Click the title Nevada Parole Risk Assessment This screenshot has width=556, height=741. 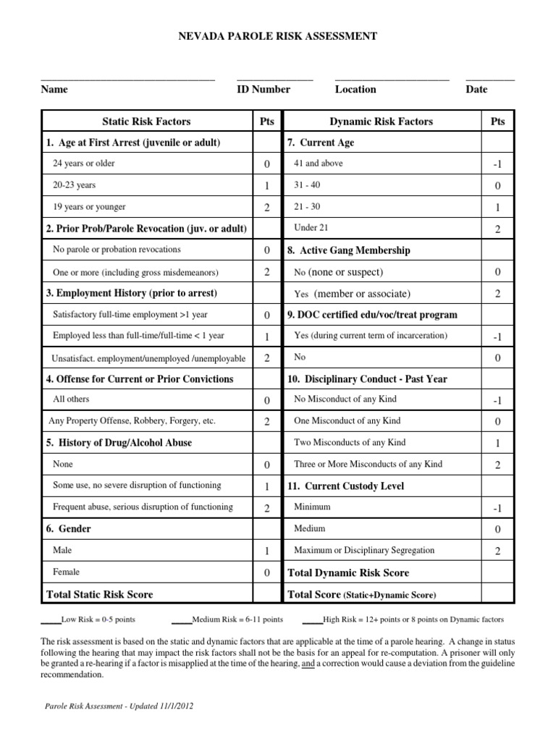(x=277, y=36)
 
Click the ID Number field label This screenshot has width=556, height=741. (x=263, y=89)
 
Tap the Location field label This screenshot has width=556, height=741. (x=355, y=89)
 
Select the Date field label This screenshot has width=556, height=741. (x=476, y=89)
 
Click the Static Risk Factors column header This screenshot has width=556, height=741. (x=146, y=122)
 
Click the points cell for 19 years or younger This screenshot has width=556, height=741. (x=266, y=208)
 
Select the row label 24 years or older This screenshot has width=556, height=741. (x=84, y=164)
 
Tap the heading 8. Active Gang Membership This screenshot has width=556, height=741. (x=349, y=250)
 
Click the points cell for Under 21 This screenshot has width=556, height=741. (x=497, y=229)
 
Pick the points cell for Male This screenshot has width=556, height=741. (x=266, y=551)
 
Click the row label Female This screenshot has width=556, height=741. (x=67, y=572)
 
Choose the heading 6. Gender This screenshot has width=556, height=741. (x=69, y=529)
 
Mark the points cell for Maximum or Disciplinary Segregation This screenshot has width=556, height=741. (x=497, y=551)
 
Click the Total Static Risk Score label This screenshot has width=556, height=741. (x=99, y=594)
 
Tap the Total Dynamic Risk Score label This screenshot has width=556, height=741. (x=348, y=572)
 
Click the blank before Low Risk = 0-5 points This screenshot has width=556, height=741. (x=51, y=620)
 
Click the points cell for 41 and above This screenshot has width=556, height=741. (x=497, y=165)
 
